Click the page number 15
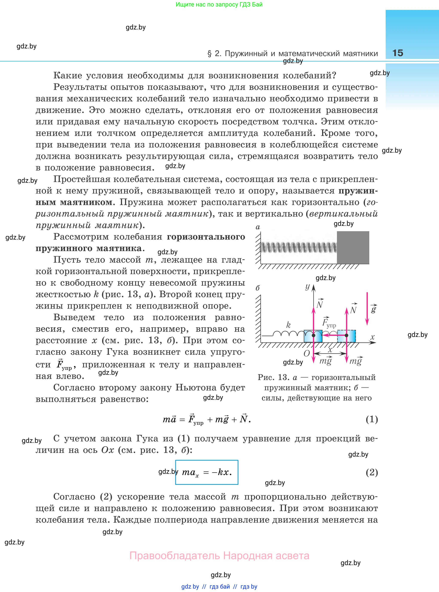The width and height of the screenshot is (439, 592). point(398,53)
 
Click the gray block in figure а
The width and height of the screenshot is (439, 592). point(353,247)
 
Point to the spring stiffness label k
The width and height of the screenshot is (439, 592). point(288,325)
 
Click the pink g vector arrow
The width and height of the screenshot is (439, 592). point(367,309)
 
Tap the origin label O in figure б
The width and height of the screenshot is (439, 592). point(306,353)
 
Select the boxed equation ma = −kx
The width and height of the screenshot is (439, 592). point(206,472)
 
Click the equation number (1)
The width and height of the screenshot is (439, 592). point(372,419)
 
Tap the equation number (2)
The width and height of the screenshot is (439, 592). point(372,472)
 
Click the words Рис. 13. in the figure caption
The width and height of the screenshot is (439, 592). point(274,377)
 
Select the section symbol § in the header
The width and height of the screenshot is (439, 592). point(210,54)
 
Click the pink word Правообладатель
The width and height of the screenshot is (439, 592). point(175,556)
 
